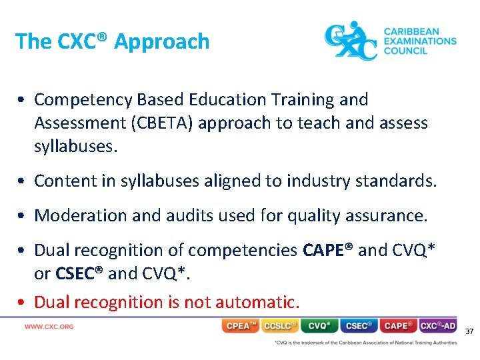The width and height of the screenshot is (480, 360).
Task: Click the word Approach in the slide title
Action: point(162,41)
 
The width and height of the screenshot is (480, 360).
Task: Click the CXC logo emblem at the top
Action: point(351,41)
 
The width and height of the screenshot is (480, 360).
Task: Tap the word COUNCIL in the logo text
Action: point(405,51)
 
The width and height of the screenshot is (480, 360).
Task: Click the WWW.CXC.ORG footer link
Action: point(49,327)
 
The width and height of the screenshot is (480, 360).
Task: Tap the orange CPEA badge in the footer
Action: point(241,326)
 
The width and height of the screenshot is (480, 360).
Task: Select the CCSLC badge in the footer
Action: point(280,326)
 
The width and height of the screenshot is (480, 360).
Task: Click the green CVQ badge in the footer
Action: point(319,326)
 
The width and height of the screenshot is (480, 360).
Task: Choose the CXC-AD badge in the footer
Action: point(438,326)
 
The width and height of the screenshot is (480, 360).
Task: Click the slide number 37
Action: point(469,331)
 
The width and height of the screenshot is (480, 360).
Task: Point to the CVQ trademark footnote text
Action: point(365,343)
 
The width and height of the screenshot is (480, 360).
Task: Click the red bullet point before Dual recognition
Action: point(22,303)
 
